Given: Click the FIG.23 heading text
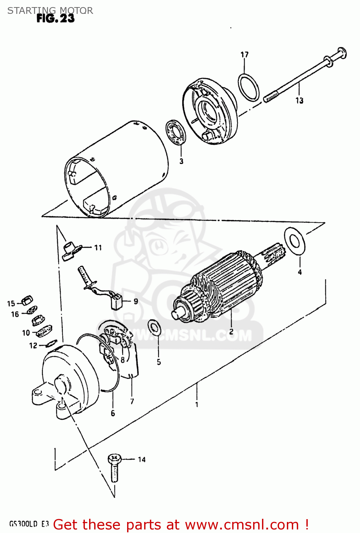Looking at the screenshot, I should pos(55,19).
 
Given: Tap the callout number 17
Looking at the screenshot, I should pos(245,55).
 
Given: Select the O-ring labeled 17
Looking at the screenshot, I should pos(249,87).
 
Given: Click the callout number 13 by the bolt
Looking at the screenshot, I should pos(299,101).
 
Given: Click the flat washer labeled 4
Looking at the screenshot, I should pos(294,241).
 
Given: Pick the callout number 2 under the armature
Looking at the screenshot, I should pos(231,332).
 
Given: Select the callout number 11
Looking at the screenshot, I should pos(98,248).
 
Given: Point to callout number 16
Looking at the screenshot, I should pos(15,314).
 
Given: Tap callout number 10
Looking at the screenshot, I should pos(26,333).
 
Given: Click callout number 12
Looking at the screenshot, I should pos(33,345).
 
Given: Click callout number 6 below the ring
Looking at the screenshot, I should pos(113,413).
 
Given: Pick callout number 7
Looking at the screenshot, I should pos(132,402).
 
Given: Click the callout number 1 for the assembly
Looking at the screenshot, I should pos(197,404).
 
